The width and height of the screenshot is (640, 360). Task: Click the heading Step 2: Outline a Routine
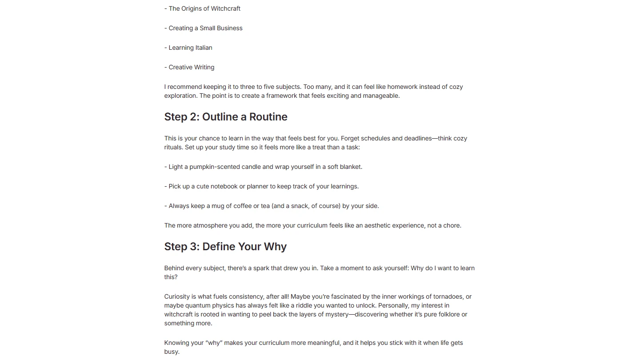pyautogui.click(x=226, y=117)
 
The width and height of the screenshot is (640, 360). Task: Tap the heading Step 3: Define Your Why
pyautogui.click(x=225, y=247)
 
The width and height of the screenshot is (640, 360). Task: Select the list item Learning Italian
pyautogui.click(x=188, y=48)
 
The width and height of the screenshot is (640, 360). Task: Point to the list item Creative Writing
pyautogui.click(x=189, y=67)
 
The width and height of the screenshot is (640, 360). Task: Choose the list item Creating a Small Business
pyautogui.click(x=204, y=28)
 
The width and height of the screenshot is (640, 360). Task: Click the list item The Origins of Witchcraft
pyautogui.click(x=202, y=8)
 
